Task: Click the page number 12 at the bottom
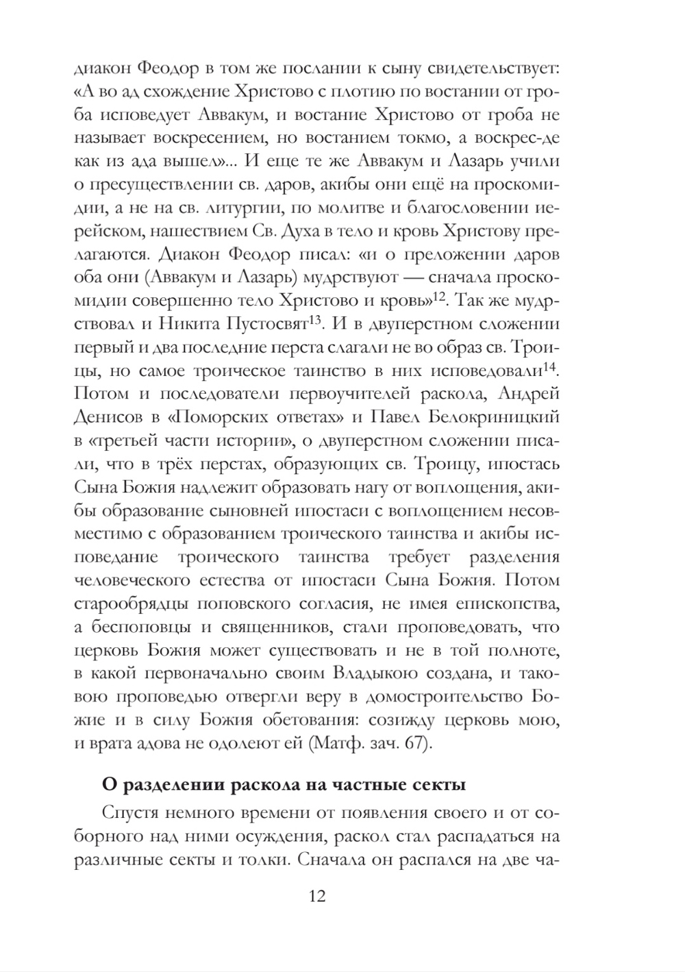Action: point(316,896)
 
